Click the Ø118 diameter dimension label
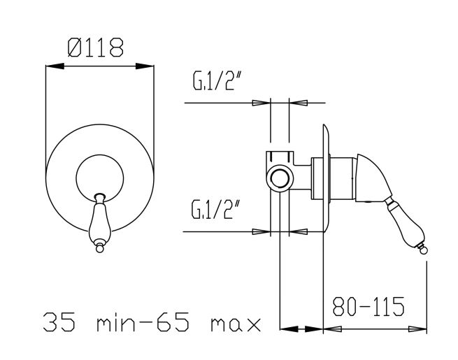point(96,47)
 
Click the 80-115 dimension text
point(368,306)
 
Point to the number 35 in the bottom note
point(59,322)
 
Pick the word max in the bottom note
point(236,324)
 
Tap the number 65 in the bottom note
point(173,322)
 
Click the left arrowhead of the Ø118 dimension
point(55,66)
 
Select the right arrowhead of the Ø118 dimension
point(145,66)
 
